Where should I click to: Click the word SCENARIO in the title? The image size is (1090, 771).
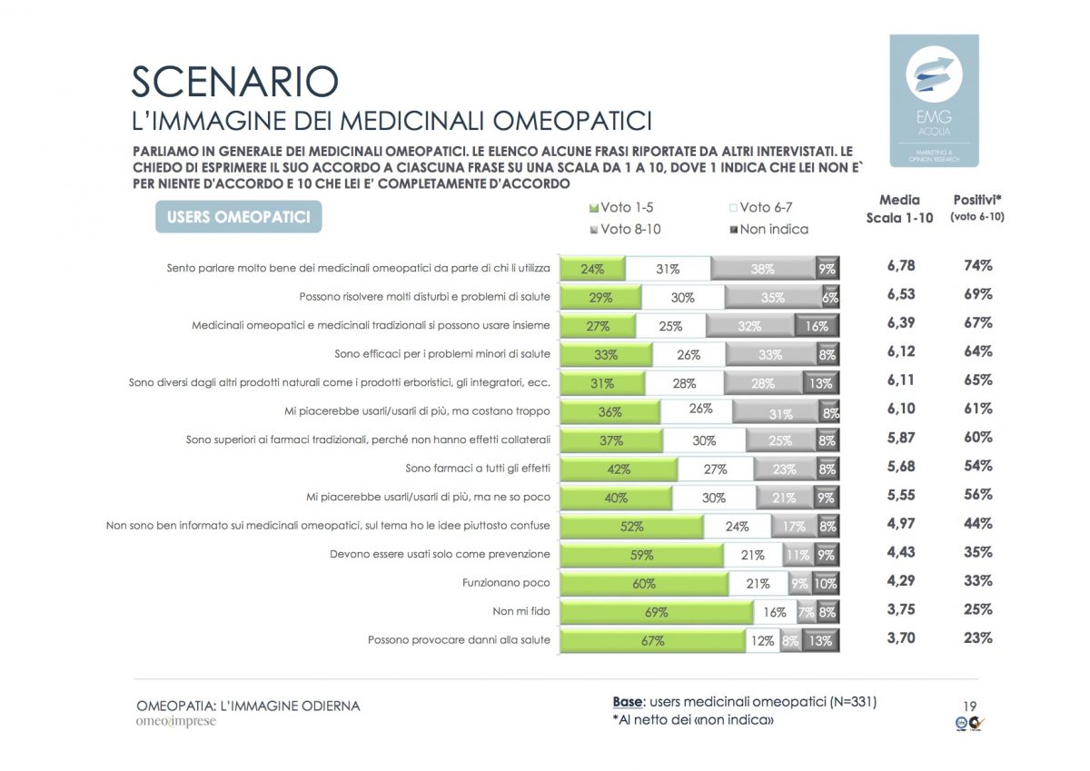[235, 82]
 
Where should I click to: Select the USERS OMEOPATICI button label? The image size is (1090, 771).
[239, 217]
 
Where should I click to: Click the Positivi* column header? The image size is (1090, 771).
[977, 207]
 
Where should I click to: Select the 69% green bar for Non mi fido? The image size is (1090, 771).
[656, 612]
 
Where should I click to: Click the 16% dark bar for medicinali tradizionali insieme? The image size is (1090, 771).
[816, 325]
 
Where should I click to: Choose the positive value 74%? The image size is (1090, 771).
[977, 266]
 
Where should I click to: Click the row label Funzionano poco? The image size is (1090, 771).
[506, 583]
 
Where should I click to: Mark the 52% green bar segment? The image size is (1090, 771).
[631, 526]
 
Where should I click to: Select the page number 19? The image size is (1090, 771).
[969, 707]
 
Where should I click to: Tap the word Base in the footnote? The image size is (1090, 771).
[627, 702]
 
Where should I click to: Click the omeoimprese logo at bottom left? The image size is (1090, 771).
[176, 723]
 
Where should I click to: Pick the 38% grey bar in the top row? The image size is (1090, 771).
[762, 268]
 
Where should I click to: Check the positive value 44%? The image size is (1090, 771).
[977, 524]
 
